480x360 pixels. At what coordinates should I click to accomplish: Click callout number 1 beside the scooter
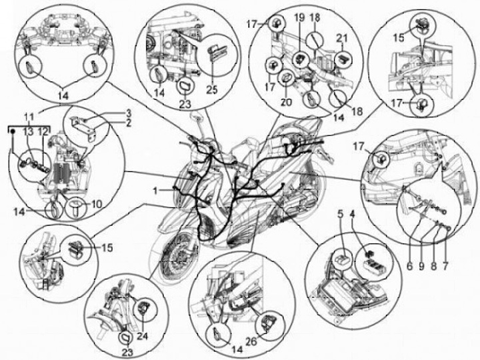[155, 191]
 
